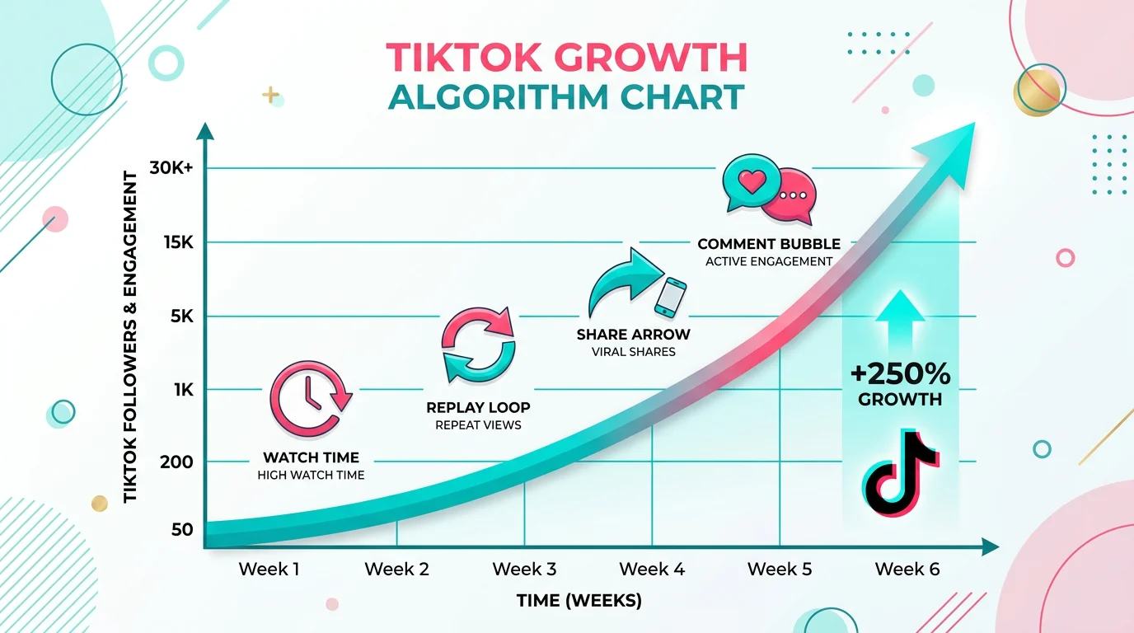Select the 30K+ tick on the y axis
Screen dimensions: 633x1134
[171, 168]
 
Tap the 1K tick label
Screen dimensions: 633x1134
[182, 389]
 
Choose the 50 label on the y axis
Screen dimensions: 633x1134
[182, 529]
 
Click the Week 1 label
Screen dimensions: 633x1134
[269, 569]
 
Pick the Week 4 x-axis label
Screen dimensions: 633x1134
[652, 569]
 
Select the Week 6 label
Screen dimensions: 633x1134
[907, 569]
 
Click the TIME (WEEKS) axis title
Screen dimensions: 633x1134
[579, 600]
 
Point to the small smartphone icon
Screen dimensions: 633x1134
[670, 297]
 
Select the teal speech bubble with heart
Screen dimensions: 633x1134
[750, 182]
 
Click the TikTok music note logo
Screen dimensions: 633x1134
[900, 472]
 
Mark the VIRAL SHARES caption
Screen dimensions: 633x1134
[633, 352]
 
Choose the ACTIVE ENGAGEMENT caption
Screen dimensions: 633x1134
[769, 261]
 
